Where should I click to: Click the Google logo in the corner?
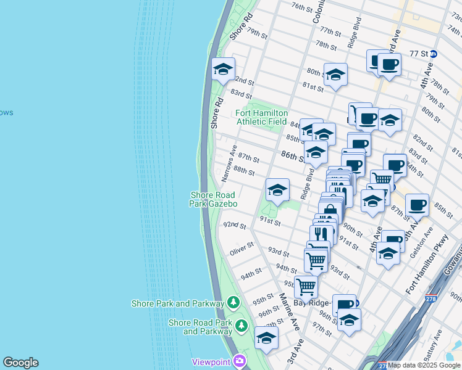(20, 363)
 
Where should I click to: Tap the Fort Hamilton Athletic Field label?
(262, 117)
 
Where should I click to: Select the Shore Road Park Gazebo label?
(214, 199)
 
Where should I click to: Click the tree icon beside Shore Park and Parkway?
(233, 303)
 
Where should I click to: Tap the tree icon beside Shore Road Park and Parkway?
(243, 325)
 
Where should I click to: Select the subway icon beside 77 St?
(434, 54)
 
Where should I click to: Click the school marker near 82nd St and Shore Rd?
(223, 69)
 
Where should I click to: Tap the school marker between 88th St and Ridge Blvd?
(278, 190)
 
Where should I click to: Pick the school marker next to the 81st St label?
(335, 75)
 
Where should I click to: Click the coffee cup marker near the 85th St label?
(417, 205)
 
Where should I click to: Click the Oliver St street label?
(241, 249)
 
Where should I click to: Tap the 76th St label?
(302, 7)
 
